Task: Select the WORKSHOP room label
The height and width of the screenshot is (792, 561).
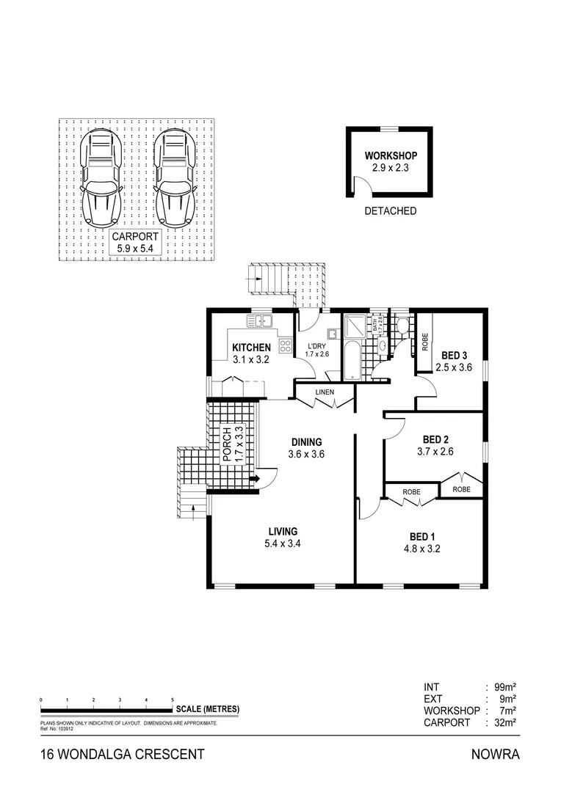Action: click(x=391, y=156)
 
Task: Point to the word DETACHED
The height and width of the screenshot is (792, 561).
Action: click(x=391, y=211)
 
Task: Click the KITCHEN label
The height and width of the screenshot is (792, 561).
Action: click(x=252, y=348)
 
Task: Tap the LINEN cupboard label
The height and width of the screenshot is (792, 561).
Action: click(x=325, y=392)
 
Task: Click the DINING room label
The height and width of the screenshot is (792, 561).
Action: click(x=307, y=442)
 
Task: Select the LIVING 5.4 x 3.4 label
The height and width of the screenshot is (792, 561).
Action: click(x=283, y=538)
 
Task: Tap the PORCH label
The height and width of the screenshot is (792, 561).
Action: click(x=228, y=444)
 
